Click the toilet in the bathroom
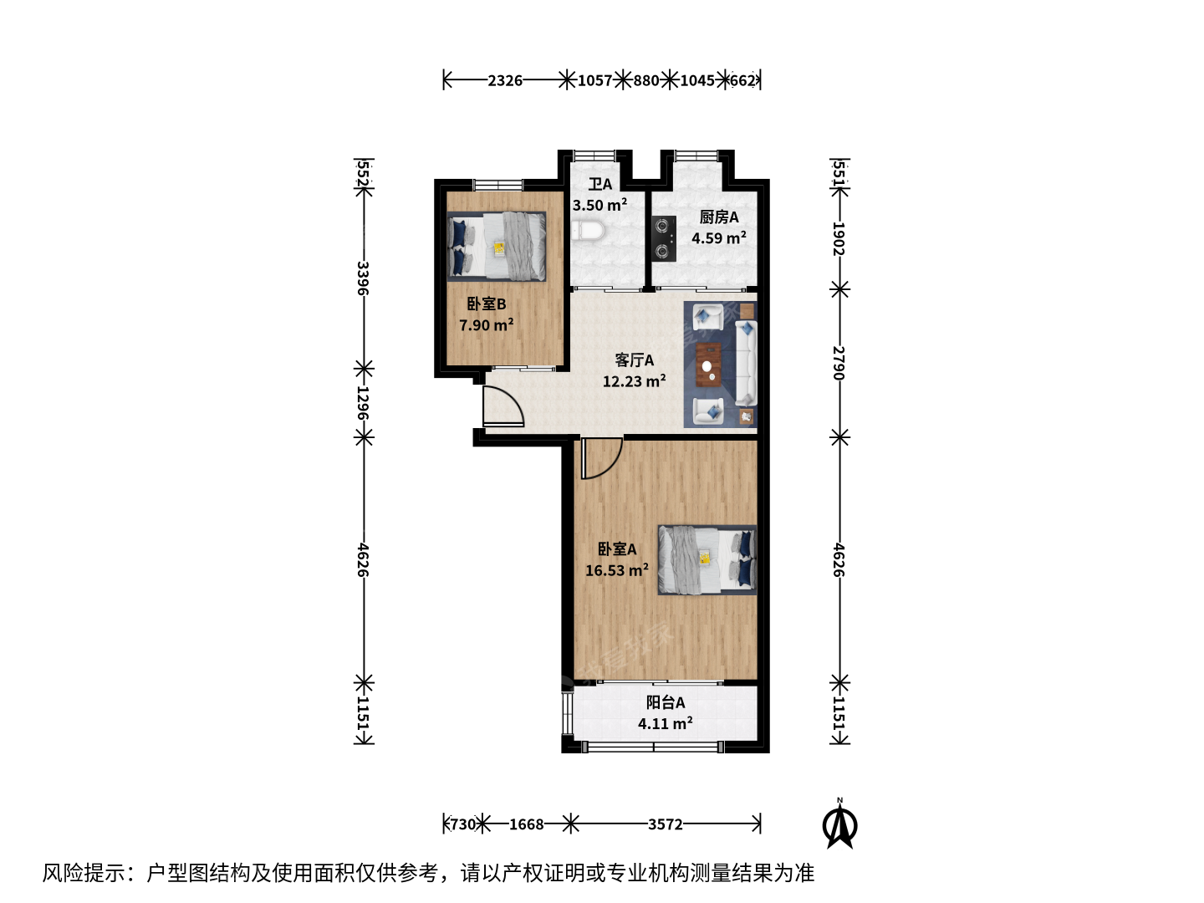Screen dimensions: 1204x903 tap(588, 231)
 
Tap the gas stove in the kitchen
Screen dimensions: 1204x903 tap(663, 238)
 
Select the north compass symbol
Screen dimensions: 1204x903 tap(839, 824)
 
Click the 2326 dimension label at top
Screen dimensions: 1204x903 tap(505, 80)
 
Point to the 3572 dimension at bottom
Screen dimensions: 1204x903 tap(665, 824)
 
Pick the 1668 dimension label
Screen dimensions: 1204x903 tap(526, 824)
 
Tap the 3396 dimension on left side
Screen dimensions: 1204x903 tap(363, 278)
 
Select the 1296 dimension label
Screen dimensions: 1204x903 tap(363, 403)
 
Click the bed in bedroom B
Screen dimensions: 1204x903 tap(497, 247)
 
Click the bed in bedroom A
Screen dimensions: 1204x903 tap(707, 560)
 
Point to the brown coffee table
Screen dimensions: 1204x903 tap(709, 365)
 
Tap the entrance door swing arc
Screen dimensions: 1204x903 tap(503, 406)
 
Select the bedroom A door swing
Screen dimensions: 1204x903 tap(602, 458)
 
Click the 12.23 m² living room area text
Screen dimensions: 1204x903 tap(634, 380)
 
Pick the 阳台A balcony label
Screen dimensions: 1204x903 tap(665, 702)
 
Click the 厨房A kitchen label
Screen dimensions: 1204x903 tap(718, 217)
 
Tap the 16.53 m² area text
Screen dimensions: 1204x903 tap(616, 569)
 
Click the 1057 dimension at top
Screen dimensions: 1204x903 tap(594, 80)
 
